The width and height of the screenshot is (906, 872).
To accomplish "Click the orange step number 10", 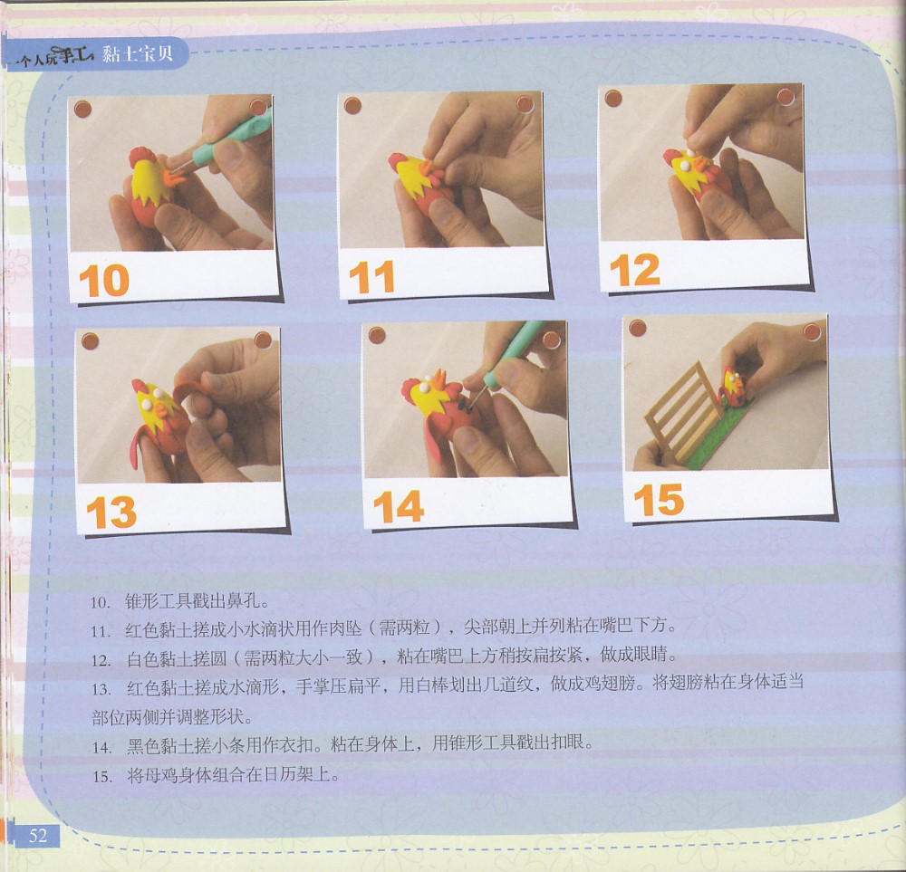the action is [104, 281].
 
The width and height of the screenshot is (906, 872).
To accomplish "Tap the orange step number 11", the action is [372, 277].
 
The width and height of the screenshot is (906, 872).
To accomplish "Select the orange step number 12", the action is [634, 270].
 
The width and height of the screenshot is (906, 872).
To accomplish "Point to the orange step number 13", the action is [111, 512].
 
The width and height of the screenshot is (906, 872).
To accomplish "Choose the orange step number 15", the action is [659, 500].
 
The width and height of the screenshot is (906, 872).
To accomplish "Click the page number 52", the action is [37, 836].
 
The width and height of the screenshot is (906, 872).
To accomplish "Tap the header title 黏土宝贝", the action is [138, 54].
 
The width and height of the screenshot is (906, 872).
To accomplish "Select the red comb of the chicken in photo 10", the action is [140, 156].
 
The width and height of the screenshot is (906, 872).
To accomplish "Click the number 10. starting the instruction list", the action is [101, 603].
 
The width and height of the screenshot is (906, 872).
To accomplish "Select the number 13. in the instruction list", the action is [101, 689].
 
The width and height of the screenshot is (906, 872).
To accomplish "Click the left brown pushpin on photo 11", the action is [352, 106].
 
